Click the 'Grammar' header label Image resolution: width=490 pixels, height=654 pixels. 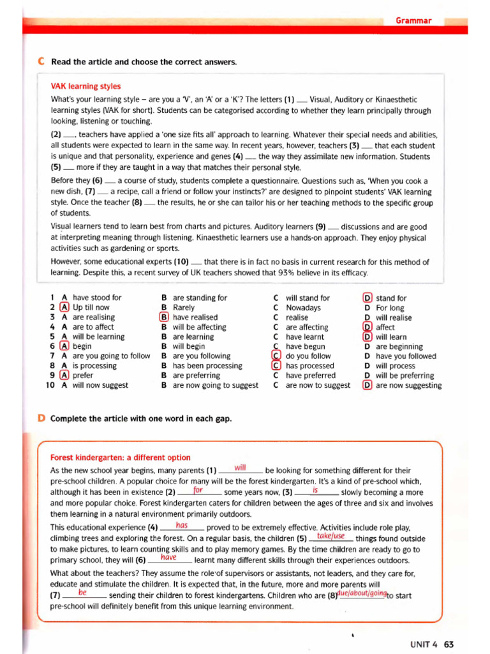[x=413, y=20]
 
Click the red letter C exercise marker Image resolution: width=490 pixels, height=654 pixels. [x=41, y=62]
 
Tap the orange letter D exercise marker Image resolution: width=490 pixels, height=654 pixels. [x=41, y=418]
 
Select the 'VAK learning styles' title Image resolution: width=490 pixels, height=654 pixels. [x=85, y=86]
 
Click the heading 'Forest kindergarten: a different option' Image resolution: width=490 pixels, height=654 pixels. [x=120, y=457]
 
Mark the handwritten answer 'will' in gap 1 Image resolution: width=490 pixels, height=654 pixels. [x=241, y=468]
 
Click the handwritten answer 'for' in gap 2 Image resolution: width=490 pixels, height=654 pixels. [x=198, y=490]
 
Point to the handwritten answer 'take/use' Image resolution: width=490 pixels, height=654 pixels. [x=330, y=536]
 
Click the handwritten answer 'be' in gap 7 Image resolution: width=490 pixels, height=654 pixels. [x=82, y=592]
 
